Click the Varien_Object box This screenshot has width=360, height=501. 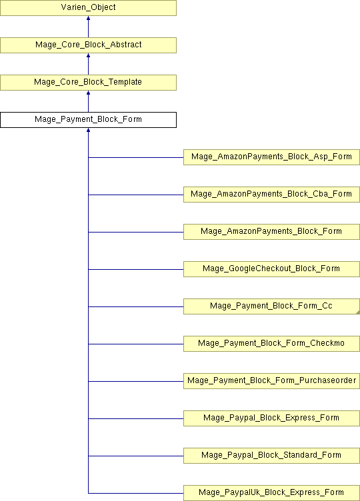pyautogui.click(x=88, y=8)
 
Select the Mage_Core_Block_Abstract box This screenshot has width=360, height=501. pyautogui.click(x=88, y=45)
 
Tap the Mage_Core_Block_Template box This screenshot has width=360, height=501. pyautogui.click(x=88, y=83)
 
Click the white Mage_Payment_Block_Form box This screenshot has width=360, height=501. pyautogui.click(x=88, y=120)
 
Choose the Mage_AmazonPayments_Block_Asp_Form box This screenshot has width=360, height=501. pyautogui.click(x=271, y=157)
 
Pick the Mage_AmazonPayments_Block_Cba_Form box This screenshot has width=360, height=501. pyautogui.click(x=271, y=195)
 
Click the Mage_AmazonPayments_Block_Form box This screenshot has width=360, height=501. pyautogui.click(x=271, y=232)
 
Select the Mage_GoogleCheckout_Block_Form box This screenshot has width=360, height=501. pyautogui.click(x=271, y=269)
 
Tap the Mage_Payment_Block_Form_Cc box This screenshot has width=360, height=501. pyautogui.click(x=271, y=306)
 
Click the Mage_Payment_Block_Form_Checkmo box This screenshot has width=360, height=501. pyautogui.click(x=271, y=344)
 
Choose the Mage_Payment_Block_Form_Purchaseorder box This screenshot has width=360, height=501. pyautogui.click(x=271, y=381)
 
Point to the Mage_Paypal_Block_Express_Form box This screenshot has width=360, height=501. pyautogui.click(x=271, y=418)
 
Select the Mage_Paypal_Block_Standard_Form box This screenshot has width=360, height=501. pyautogui.click(x=271, y=456)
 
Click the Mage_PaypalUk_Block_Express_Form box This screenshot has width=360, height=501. pyautogui.click(x=271, y=493)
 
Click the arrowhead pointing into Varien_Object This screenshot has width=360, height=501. pyautogui.click(x=88, y=18)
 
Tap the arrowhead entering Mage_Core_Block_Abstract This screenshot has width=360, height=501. pyautogui.click(x=88, y=55)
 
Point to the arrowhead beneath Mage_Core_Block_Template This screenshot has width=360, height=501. pyautogui.click(x=88, y=93)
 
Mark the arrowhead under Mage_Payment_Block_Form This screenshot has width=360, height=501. pyautogui.click(x=88, y=131)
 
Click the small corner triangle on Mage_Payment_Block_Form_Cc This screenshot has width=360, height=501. pyautogui.click(x=358, y=312)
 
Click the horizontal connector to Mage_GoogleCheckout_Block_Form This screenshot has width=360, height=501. pyautogui.click(x=136, y=269)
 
